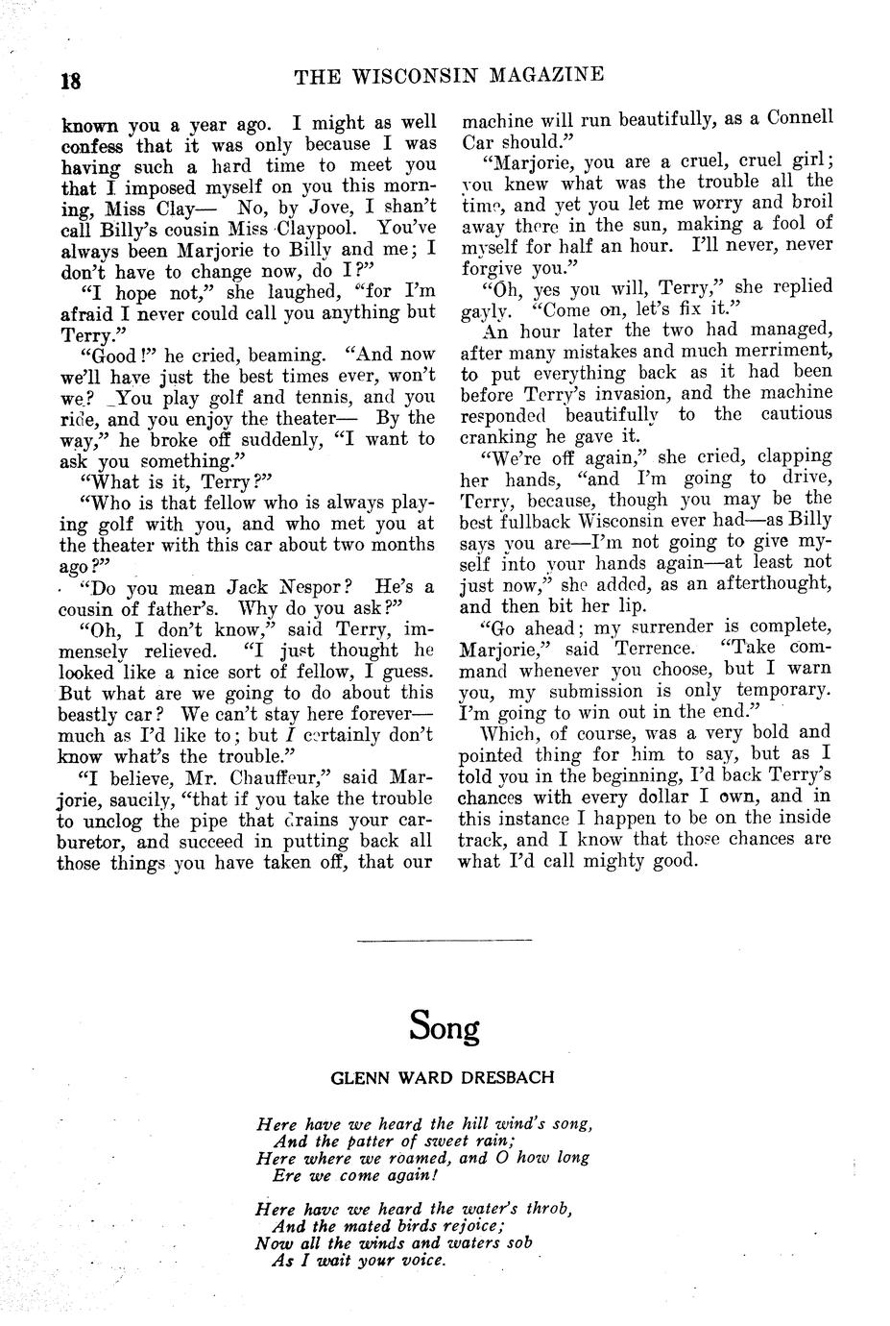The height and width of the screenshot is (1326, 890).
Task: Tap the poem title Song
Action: click(x=444, y=1026)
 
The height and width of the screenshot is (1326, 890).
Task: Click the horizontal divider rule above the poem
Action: click(x=444, y=939)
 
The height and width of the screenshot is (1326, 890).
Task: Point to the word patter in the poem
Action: click(x=359, y=1142)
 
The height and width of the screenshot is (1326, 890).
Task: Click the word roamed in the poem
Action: click(x=416, y=1158)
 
